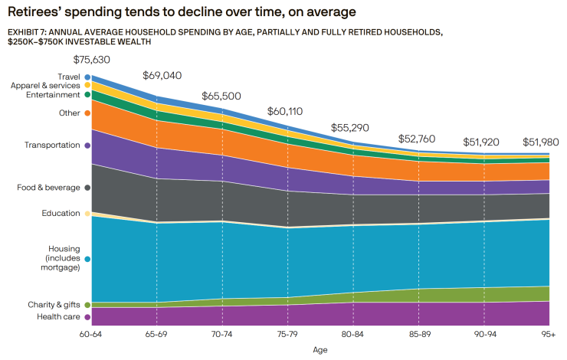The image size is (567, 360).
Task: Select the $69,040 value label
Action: pyautogui.click(x=162, y=76)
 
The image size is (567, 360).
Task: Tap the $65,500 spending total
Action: pyautogui.click(x=221, y=97)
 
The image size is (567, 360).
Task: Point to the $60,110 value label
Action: pyautogui.click(x=286, y=111)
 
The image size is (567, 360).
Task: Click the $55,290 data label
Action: pyautogui.click(x=351, y=127)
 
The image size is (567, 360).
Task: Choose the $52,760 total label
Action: pyautogui.click(x=417, y=139)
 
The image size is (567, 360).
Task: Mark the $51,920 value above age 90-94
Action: pyautogui.click(x=482, y=142)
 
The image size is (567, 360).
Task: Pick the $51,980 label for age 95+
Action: pyautogui.click(x=540, y=142)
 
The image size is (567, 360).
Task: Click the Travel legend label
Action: pyautogui.click(x=67, y=77)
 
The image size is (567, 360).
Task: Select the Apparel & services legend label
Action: pyautogui.click(x=45, y=86)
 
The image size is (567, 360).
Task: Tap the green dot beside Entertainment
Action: pyautogui.click(x=88, y=95)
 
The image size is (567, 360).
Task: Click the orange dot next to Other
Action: pyautogui.click(x=88, y=113)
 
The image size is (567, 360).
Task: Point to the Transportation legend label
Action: pyautogui.click(x=52, y=145)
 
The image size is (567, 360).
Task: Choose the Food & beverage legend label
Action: pyautogui.click(x=48, y=188)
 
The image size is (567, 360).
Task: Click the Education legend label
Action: pyautogui.click(x=61, y=213)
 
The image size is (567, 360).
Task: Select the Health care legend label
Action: pyautogui.click(x=58, y=316)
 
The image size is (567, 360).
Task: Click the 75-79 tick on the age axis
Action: pyautogui.click(x=287, y=335)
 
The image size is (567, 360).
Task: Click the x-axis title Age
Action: pyautogui.click(x=320, y=350)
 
